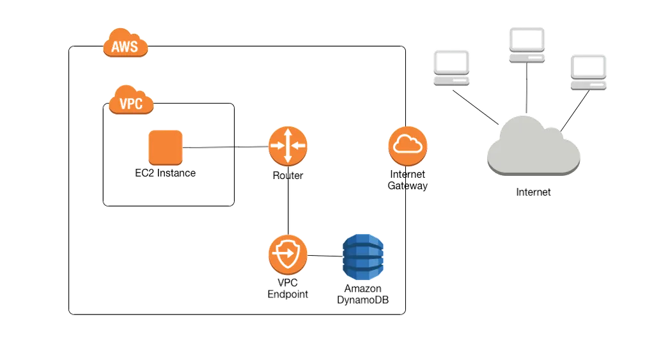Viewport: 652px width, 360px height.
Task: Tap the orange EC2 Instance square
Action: click(166, 146)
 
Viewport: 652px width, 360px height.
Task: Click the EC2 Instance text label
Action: click(164, 173)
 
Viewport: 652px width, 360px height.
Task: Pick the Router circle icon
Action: click(288, 146)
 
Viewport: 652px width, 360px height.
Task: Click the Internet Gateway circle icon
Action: click(408, 146)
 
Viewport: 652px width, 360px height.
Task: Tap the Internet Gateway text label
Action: click(408, 180)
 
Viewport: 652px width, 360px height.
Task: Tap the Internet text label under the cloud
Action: click(534, 192)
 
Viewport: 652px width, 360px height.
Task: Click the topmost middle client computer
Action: click(527, 46)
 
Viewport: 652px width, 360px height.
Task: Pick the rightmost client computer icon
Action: click(588, 72)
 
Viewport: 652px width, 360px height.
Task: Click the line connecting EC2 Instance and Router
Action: click(226, 147)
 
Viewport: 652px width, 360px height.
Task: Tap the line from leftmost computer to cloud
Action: click(474, 105)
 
